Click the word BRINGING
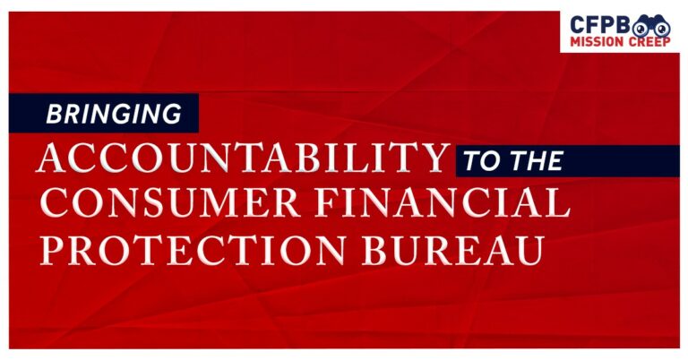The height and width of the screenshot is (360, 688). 113,114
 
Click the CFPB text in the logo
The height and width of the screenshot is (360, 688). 596,24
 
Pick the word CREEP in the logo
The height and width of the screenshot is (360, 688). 648,42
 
